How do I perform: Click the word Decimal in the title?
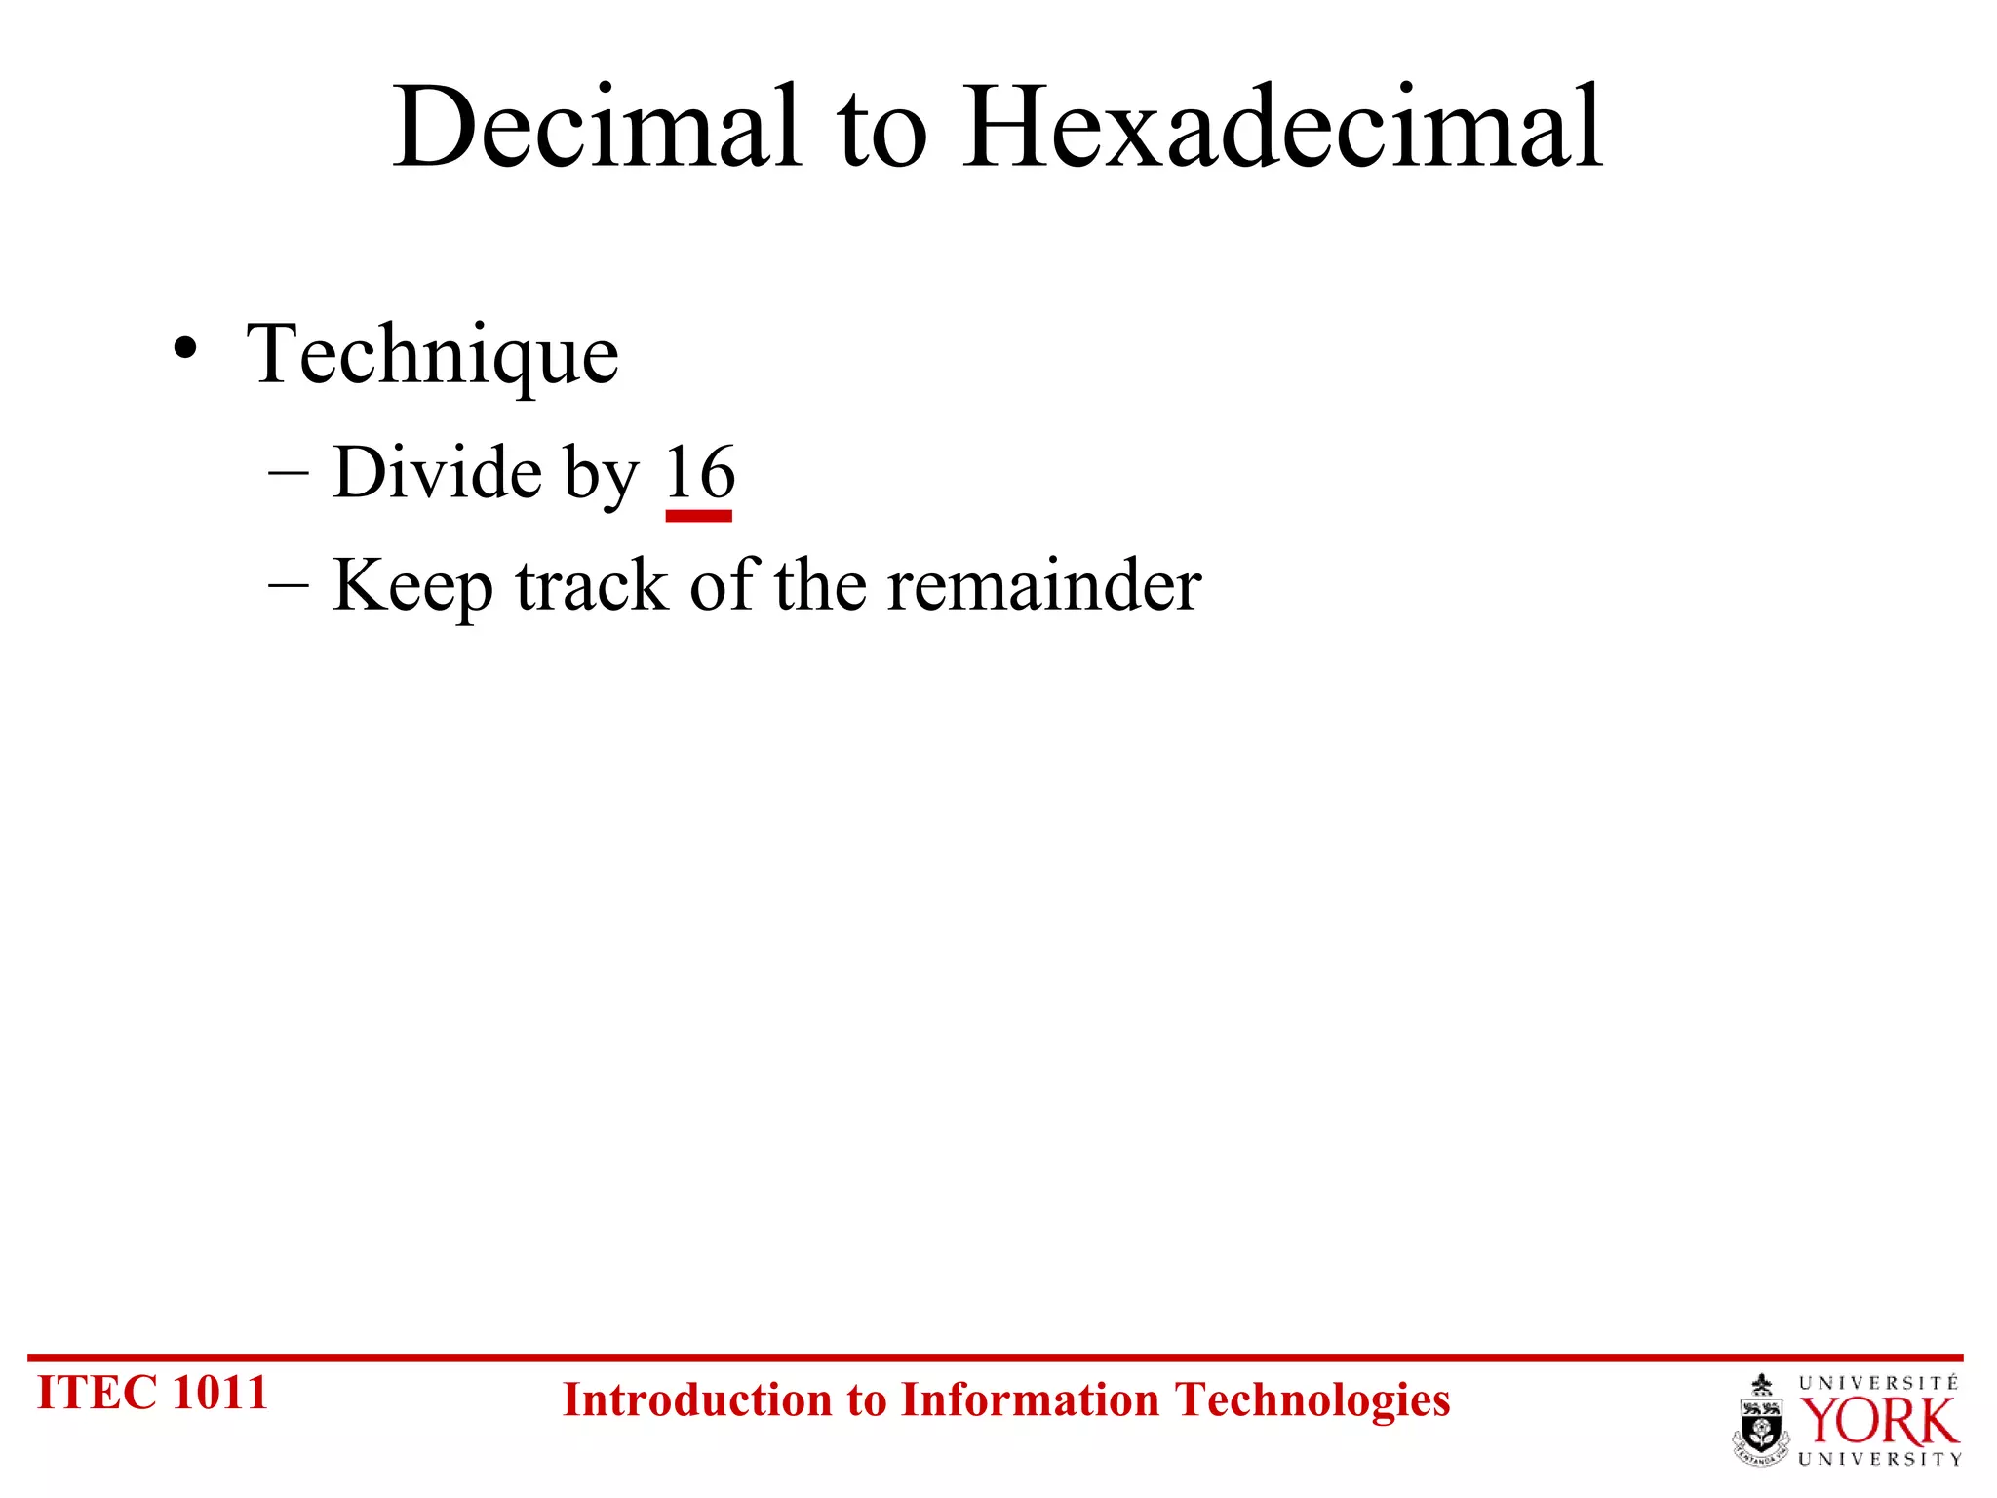pyautogui.click(x=597, y=127)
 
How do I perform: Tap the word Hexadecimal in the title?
pyautogui.click(x=1283, y=127)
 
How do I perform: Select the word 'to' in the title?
pyautogui.click(x=881, y=132)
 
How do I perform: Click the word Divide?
pyautogui.click(x=438, y=472)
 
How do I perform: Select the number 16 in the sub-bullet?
pyautogui.click(x=699, y=473)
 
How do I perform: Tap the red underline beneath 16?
pyautogui.click(x=698, y=516)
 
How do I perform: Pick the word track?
pyautogui.click(x=592, y=585)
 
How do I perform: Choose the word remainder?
pyautogui.click(x=1044, y=585)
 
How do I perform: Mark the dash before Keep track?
pyautogui.click(x=288, y=586)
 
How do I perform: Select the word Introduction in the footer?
pyautogui.click(x=698, y=1400)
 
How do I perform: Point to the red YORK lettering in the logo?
pyautogui.click(x=1878, y=1422)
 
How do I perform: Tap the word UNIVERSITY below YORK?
pyautogui.click(x=1879, y=1459)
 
